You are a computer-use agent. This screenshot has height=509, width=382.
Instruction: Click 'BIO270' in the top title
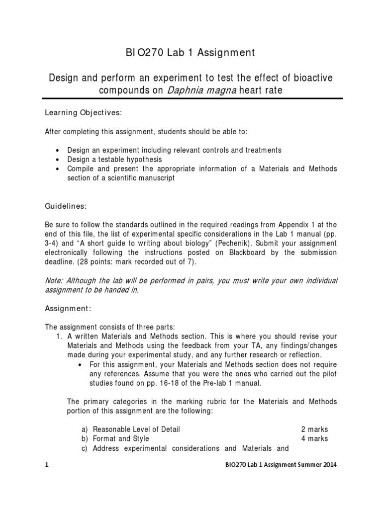145,53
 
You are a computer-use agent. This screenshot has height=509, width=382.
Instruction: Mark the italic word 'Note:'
54,281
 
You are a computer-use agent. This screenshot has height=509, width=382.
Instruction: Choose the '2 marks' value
314,429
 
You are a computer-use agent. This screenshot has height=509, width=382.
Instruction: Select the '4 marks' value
314,438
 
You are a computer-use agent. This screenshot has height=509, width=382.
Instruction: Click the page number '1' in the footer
46,465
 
